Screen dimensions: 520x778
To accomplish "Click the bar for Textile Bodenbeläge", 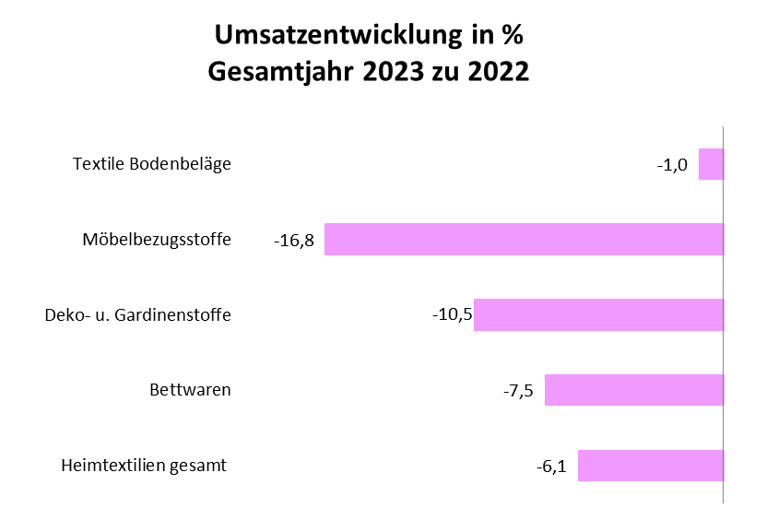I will click(x=711, y=164).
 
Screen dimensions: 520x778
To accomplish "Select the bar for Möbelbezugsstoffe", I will click(x=524, y=240).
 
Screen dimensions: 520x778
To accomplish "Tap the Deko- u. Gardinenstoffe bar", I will click(x=598, y=314).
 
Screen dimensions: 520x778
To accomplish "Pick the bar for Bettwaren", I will click(x=633, y=389).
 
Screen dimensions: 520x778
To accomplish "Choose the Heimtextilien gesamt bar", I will click(x=650, y=466).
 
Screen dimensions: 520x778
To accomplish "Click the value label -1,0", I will click(x=673, y=165).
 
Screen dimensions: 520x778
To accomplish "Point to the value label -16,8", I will click(x=294, y=241).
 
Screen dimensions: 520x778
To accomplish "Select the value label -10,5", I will click(x=452, y=314).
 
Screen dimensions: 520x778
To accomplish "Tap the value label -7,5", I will click(x=519, y=390).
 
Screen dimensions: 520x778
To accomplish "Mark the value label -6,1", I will click(x=551, y=467).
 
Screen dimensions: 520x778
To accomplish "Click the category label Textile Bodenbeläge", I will click(x=152, y=164).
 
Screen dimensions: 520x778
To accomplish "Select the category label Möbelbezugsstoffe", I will click(x=157, y=240).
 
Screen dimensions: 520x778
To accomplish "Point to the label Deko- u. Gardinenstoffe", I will click(x=138, y=315).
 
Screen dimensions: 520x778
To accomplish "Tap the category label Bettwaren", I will click(x=190, y=389).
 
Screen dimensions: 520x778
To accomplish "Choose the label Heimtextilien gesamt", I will click(x=144, y=465).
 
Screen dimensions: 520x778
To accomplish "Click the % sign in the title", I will click(x=512, y=35).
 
